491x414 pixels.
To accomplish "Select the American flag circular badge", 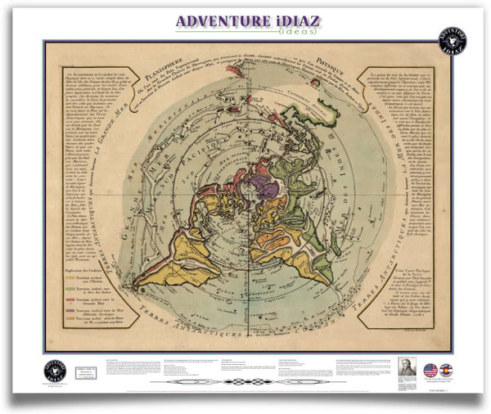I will click(x=430, y=370).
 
